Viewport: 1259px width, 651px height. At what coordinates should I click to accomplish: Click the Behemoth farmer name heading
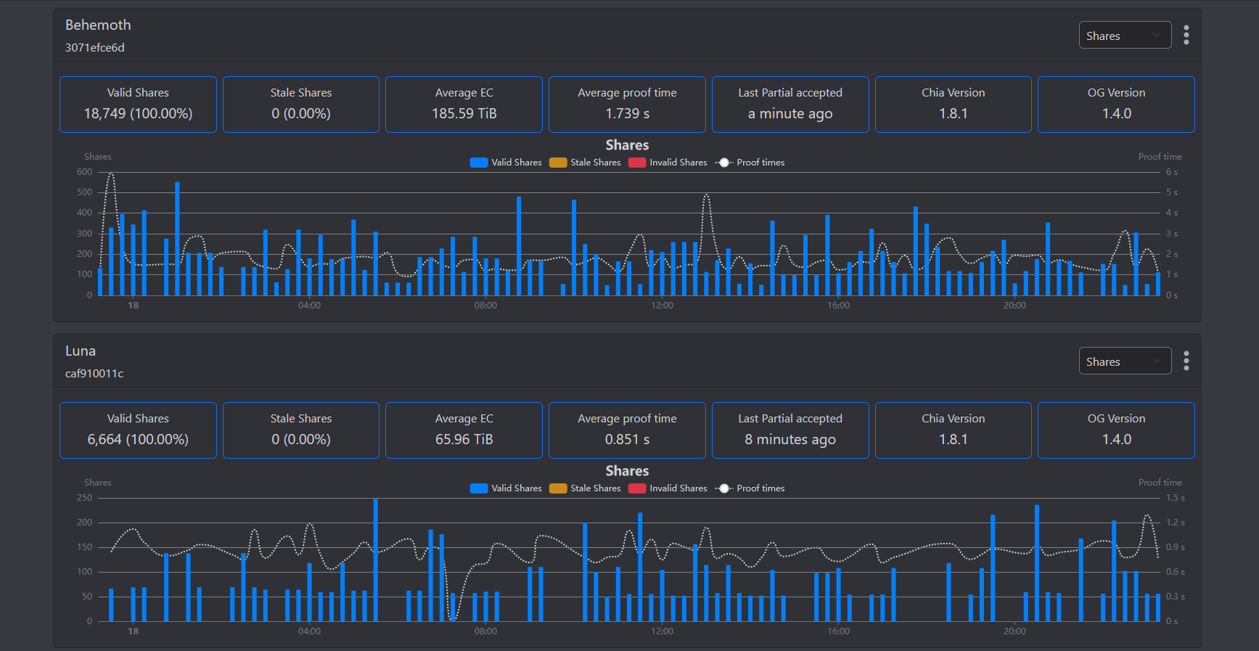click(98, 25)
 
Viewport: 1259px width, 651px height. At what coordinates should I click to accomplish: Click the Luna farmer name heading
click(81, 351)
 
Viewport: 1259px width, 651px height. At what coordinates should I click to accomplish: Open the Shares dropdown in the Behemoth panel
click(1124, 36)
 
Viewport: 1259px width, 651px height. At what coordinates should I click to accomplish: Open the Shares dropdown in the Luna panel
click(1124, 361)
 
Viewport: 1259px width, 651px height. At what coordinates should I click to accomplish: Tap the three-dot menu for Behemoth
click(1186, 35)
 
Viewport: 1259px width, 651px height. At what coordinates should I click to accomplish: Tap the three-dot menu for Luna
click(1186, 361)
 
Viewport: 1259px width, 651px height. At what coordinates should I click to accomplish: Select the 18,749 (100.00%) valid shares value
click(138, 113)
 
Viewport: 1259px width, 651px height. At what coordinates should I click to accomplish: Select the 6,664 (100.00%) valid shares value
click(138, 439)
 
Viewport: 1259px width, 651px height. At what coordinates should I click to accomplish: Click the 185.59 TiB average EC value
click(464, 113)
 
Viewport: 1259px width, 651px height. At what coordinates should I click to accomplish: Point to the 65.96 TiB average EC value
click(464, 439)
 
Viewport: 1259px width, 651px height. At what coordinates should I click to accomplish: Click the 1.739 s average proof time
click(627, 113)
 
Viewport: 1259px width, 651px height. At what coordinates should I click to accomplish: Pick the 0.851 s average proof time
click(627, 439)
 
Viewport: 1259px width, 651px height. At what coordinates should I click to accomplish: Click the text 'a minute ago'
click(790, 113)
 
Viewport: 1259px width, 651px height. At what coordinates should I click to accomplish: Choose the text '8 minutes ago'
click(790, 439)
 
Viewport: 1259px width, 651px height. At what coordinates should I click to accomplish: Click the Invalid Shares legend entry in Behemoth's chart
click(668, 163)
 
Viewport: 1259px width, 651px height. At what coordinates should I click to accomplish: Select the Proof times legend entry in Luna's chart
click(750, 488)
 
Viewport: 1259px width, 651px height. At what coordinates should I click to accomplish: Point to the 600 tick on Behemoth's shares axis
click(85, 172)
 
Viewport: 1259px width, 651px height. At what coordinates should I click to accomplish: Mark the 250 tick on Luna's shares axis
click(85, 498)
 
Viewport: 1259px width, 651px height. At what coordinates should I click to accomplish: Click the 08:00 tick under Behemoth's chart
click(485, 306)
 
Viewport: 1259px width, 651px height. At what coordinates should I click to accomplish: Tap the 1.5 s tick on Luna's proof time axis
click(1175, 498)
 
